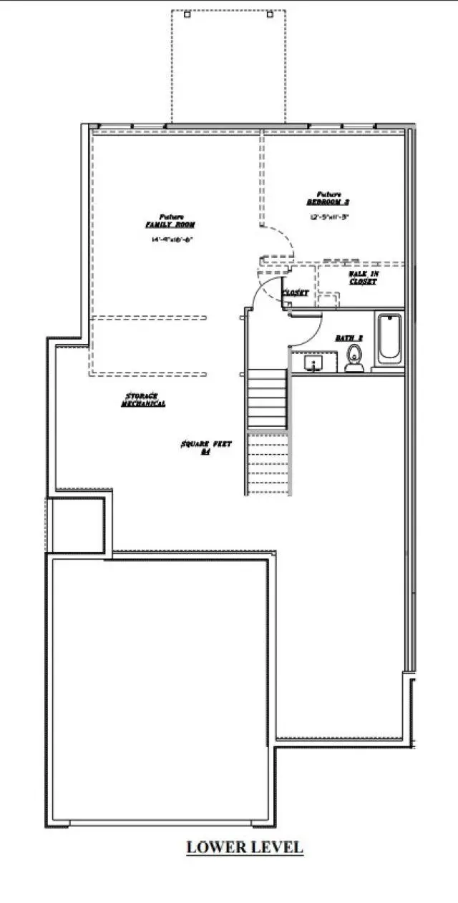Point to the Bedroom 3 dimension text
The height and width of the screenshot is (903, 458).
tap(328, 216)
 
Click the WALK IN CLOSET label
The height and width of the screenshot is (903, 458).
tap(362, 277)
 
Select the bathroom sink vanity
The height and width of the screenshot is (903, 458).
tap(313, 364)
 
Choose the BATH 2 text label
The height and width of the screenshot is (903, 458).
tap(350, 337)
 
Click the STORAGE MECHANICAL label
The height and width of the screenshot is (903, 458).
tap(142, 400)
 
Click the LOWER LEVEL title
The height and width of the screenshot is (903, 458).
tap(245, 847)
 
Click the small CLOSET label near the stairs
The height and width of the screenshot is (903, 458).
tap(296, 293)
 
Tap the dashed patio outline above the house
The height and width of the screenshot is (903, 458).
tap(228, 64)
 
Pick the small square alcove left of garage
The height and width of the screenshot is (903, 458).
tap(77, 521)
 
